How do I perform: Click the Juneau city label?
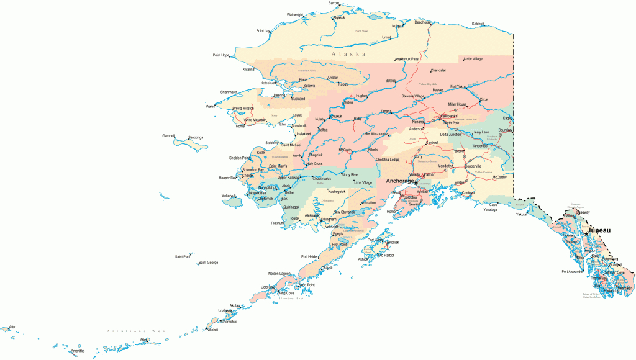(x=597, y=230)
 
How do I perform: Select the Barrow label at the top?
(x=334, y=3)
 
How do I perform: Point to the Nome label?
(x=240, y=127)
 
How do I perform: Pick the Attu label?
(x=11, y=326)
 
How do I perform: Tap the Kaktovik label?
(x=478, y=24)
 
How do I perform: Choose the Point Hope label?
(x=221, y=55)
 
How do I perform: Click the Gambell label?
(x=168, y=135)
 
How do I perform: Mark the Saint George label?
(x=208, y=263)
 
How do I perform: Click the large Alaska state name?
(x=348, y=54)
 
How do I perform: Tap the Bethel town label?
(x=289, y=192)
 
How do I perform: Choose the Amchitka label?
(x=78, y=351)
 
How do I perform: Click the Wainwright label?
(x=295, y=15)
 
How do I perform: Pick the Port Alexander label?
(x=573, y=271)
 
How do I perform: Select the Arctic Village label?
(x=473, y=59)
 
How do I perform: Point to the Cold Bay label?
(x=268, y=287)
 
